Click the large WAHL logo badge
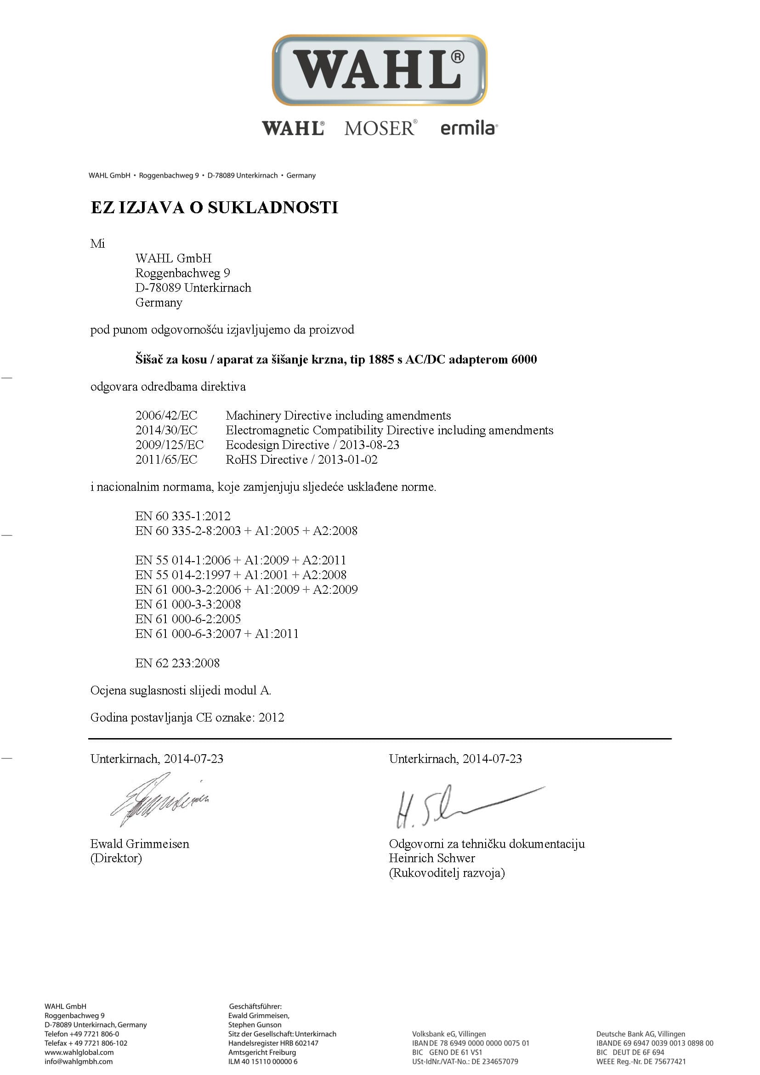[x=380, y=70]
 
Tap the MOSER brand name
[x=380, y=128]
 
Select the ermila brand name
[x=468, y=128]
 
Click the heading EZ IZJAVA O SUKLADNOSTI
[x=214, y=207]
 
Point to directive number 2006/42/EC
[x=166, y=415]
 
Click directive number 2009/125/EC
[x=170, y=445]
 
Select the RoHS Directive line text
[x=301, y=460]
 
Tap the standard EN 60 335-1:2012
[x=182, y=516]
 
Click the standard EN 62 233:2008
[x=177, y=663]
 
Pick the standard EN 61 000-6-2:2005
[x=187, y=619]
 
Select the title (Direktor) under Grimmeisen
[x=116, y=858]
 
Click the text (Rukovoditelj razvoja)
[x=447, y=873]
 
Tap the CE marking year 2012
[x=272, y=718]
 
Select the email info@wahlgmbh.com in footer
[x=79, y=1061]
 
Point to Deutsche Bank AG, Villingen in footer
[x=640, y=1034]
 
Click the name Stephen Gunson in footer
[x=255, y=1025]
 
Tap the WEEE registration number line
[x=641, y=1061]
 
